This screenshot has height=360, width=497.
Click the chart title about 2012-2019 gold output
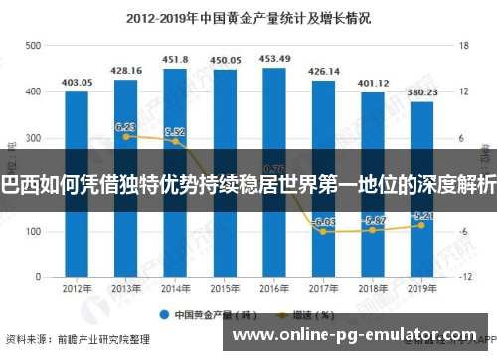pyautogui.click(x=248, y=17)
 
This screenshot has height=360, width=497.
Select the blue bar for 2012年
pyautogui.click(x=77, y=179)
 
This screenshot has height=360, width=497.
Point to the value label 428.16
pyautogui.click(x=126, y=70)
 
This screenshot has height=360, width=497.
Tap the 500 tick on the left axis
pyautogui.click(x=33, y=46)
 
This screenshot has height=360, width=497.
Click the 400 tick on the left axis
pyautogui.click(x=33, y=92)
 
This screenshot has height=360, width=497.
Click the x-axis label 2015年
pyautogui.click(x=225, y=290)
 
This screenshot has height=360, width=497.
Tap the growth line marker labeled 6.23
pyautogui.click(x=126, y=136)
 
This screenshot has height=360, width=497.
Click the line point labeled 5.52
pyautogui.click(x=176, y=141)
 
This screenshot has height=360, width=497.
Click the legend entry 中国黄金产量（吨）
pyautogui.click(x=211, y=314)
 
